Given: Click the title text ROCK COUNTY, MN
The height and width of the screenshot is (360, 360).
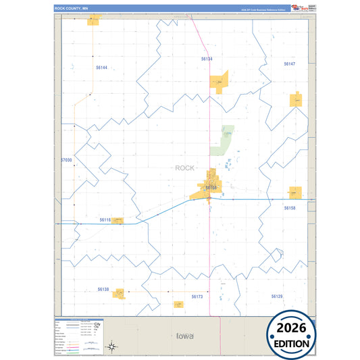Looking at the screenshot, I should click(72, 8).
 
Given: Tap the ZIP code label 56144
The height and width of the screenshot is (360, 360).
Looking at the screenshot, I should click(101, 68).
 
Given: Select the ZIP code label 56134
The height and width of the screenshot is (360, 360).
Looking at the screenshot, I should click(207, 59).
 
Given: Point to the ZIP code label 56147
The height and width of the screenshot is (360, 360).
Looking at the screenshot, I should click(290, 63).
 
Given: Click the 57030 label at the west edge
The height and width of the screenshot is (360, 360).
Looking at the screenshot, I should click(66, 160).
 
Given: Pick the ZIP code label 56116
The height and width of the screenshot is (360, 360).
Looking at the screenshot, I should click(105, 220).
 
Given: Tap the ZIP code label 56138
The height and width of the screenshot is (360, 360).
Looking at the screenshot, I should click(103, 289).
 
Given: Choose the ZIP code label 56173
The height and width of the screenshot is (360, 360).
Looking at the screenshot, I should click(197, 297).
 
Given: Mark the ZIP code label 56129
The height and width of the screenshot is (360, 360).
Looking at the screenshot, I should click(277, 296).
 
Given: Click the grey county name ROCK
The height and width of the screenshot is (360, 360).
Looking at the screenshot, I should click(184, 168).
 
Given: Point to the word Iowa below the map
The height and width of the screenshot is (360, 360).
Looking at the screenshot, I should click(184, 336).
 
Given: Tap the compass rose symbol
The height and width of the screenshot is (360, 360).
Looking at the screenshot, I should click(113, 346).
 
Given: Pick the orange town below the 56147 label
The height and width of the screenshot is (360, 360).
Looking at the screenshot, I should click(296, 100).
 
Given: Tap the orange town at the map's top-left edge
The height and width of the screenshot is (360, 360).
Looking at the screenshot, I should click(93, 20).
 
